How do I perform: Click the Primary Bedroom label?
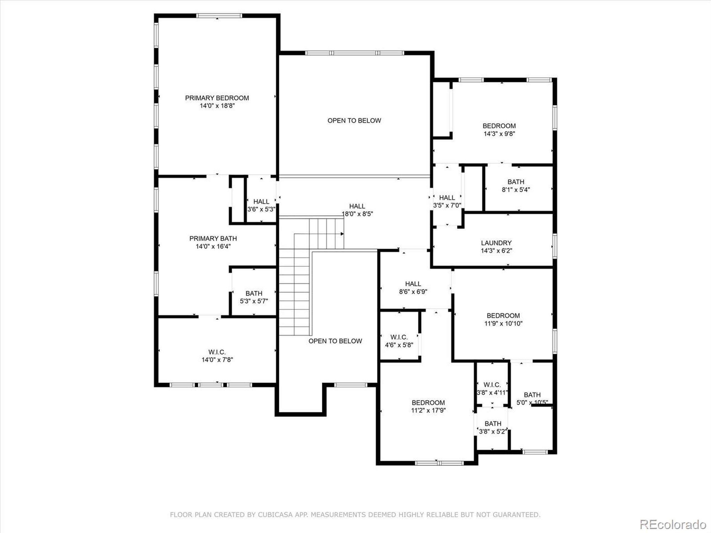click(x=217, y=98)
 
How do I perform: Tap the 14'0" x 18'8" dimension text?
click(x=217, y=106)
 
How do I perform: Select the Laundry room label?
click(x=496, y=243)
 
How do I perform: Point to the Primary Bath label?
click(x=213, y=239)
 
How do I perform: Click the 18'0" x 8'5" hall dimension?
click(x=357, y=214)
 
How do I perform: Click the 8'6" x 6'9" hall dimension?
click(x=413, y=292)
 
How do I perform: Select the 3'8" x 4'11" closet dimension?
click(x=492, y=393)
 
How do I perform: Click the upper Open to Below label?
click(x=354, y=121)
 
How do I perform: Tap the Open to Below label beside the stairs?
click(x=335, y=341)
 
